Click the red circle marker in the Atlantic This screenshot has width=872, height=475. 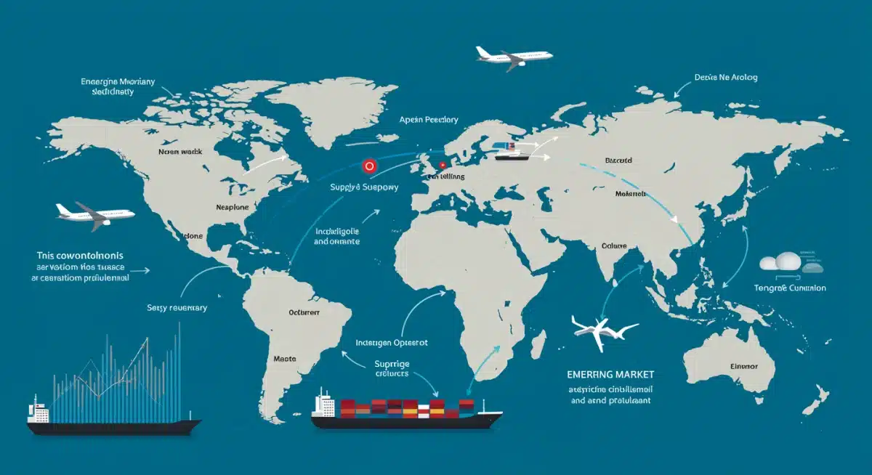(370, 166)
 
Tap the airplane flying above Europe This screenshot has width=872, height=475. (514, 56)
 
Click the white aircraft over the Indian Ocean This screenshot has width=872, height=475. (604, 328)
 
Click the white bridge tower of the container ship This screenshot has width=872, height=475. (324, 402)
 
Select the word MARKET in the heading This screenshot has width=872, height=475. (629, 374)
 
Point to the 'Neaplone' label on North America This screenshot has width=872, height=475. (233, 207)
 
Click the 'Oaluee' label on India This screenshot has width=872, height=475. (614, 245)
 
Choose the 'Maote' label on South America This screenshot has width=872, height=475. (284, 358)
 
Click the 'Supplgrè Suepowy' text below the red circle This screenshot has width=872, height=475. (365, 188)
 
